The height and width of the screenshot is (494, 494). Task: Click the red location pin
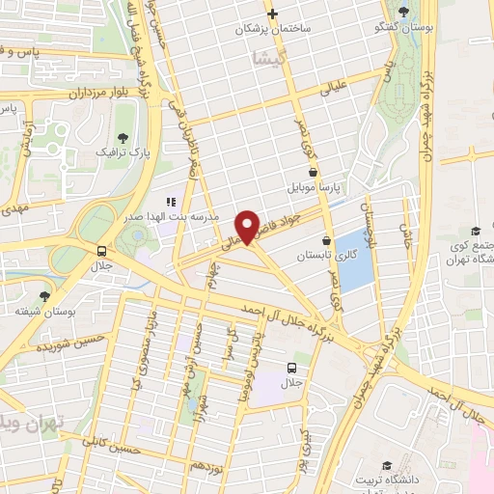tap(250, 226)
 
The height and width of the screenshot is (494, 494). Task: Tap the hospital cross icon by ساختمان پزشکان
tap(273, 14)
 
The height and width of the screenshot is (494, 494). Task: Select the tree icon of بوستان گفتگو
tap(402, 11)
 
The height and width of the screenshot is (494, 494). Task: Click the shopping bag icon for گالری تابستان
tap(326, 240)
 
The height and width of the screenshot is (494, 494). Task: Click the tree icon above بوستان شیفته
tap(43, 296)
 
